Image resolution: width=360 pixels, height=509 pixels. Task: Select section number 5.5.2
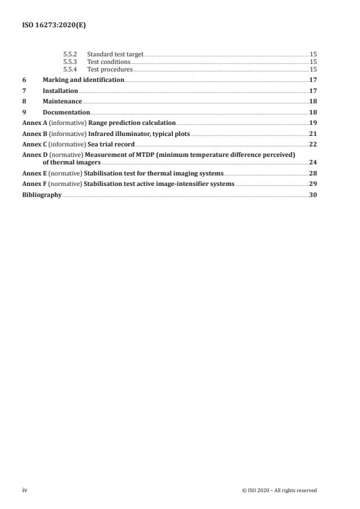coord(70,54)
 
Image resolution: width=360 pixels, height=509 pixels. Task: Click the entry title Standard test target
coord(115,54)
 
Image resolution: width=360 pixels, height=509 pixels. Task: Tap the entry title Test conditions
coord(109,61)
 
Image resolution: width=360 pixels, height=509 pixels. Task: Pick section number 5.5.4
coord(70,69)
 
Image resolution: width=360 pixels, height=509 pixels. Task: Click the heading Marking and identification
coord(84,79)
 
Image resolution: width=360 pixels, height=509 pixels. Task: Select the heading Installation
coord(60,91)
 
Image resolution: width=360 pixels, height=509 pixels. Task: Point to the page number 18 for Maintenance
coord(312,101)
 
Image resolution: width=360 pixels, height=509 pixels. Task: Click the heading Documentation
coord(66,112)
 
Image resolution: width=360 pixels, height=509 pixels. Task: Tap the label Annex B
coord(32,134)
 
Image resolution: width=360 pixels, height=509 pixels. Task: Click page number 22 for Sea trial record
coord(312,144)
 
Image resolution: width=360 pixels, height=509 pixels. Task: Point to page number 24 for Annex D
coord(312,163)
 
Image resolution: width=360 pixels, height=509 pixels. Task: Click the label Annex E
coord(32,173)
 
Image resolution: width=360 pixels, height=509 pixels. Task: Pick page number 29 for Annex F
coord(312,184)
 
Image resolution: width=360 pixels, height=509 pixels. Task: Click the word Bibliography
coord(42,195)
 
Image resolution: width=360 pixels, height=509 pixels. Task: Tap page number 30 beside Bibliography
coord(312,195)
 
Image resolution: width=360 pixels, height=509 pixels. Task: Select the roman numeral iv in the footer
coord(24,490)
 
